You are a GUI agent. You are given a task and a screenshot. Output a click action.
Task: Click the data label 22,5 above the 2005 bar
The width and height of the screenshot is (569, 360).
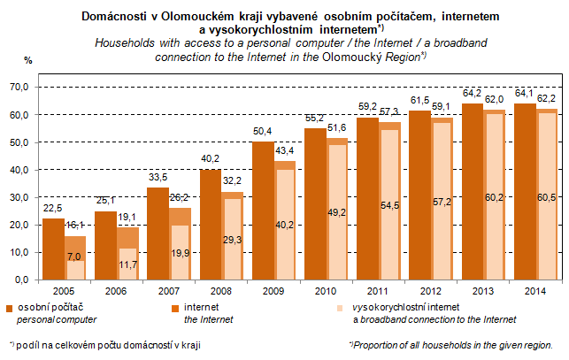click(52, 210)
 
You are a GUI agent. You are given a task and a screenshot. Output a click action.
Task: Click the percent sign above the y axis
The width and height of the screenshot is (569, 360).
click(28, 59)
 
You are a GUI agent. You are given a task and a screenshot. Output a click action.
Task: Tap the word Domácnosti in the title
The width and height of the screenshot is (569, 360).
click(116, 16)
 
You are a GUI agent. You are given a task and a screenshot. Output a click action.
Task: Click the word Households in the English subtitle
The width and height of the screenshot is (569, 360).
click(122, 42)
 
